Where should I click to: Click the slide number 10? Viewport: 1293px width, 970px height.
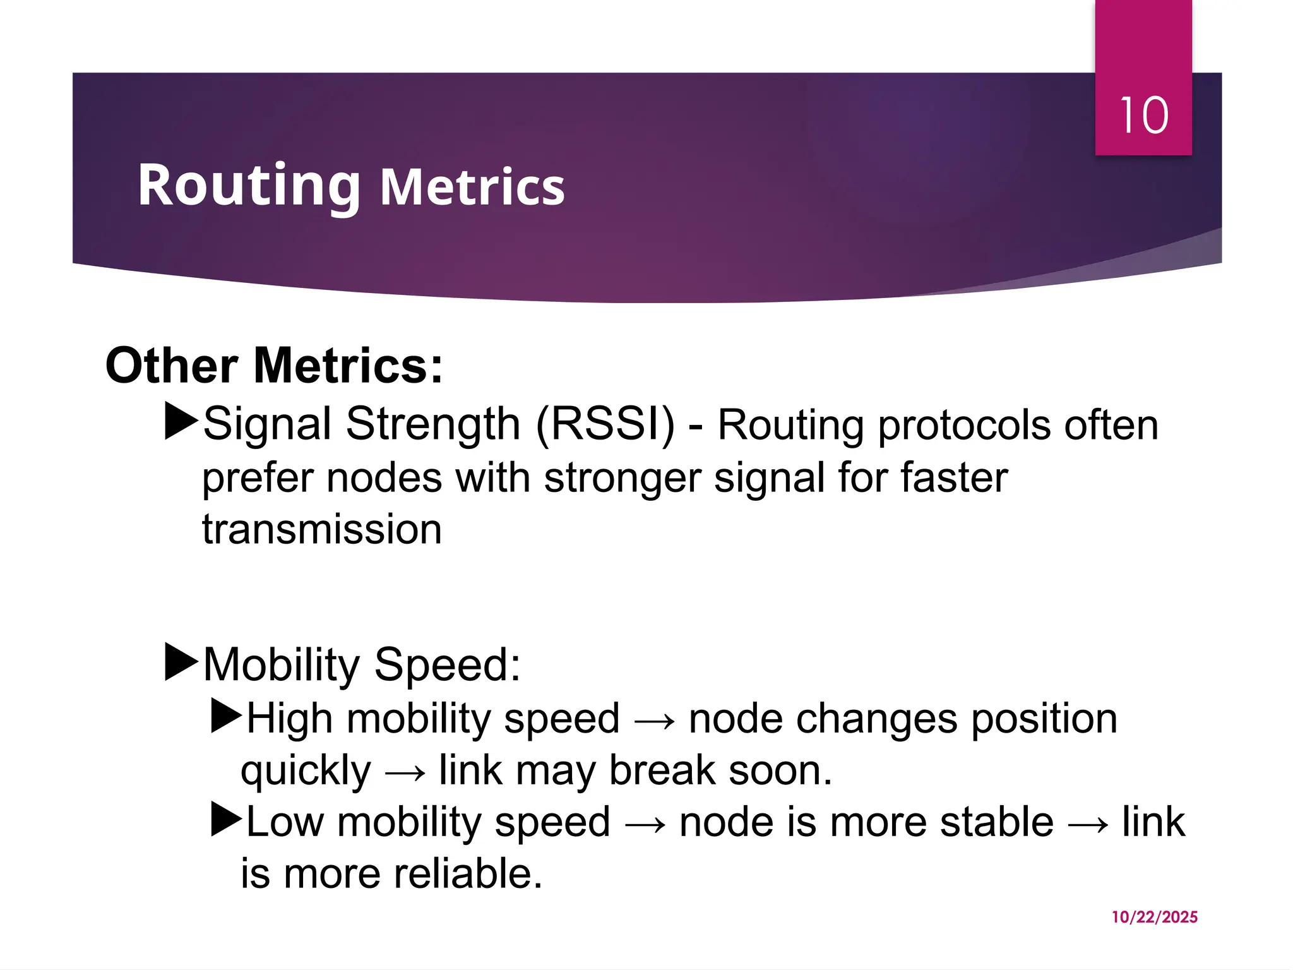(1143, 116)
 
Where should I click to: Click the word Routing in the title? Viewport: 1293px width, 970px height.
(249, 185)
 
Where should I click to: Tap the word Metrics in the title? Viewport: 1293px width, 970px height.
(472, 188)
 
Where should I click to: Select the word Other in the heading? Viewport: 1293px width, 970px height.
(171, 366)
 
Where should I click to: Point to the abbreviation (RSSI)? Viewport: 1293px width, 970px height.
(605, 424)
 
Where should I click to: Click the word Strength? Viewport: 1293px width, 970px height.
(432, 424)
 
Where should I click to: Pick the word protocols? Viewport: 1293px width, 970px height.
(964, 426)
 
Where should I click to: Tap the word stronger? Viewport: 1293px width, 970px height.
(623, 478)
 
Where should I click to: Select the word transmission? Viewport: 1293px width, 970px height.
(321, 529)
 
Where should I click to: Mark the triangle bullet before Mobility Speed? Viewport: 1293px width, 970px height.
(181, 662)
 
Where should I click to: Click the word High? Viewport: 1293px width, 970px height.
(289, 719)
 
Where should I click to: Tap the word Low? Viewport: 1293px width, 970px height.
(284, 822)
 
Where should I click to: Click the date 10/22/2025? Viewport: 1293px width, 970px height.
(1154, 917)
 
